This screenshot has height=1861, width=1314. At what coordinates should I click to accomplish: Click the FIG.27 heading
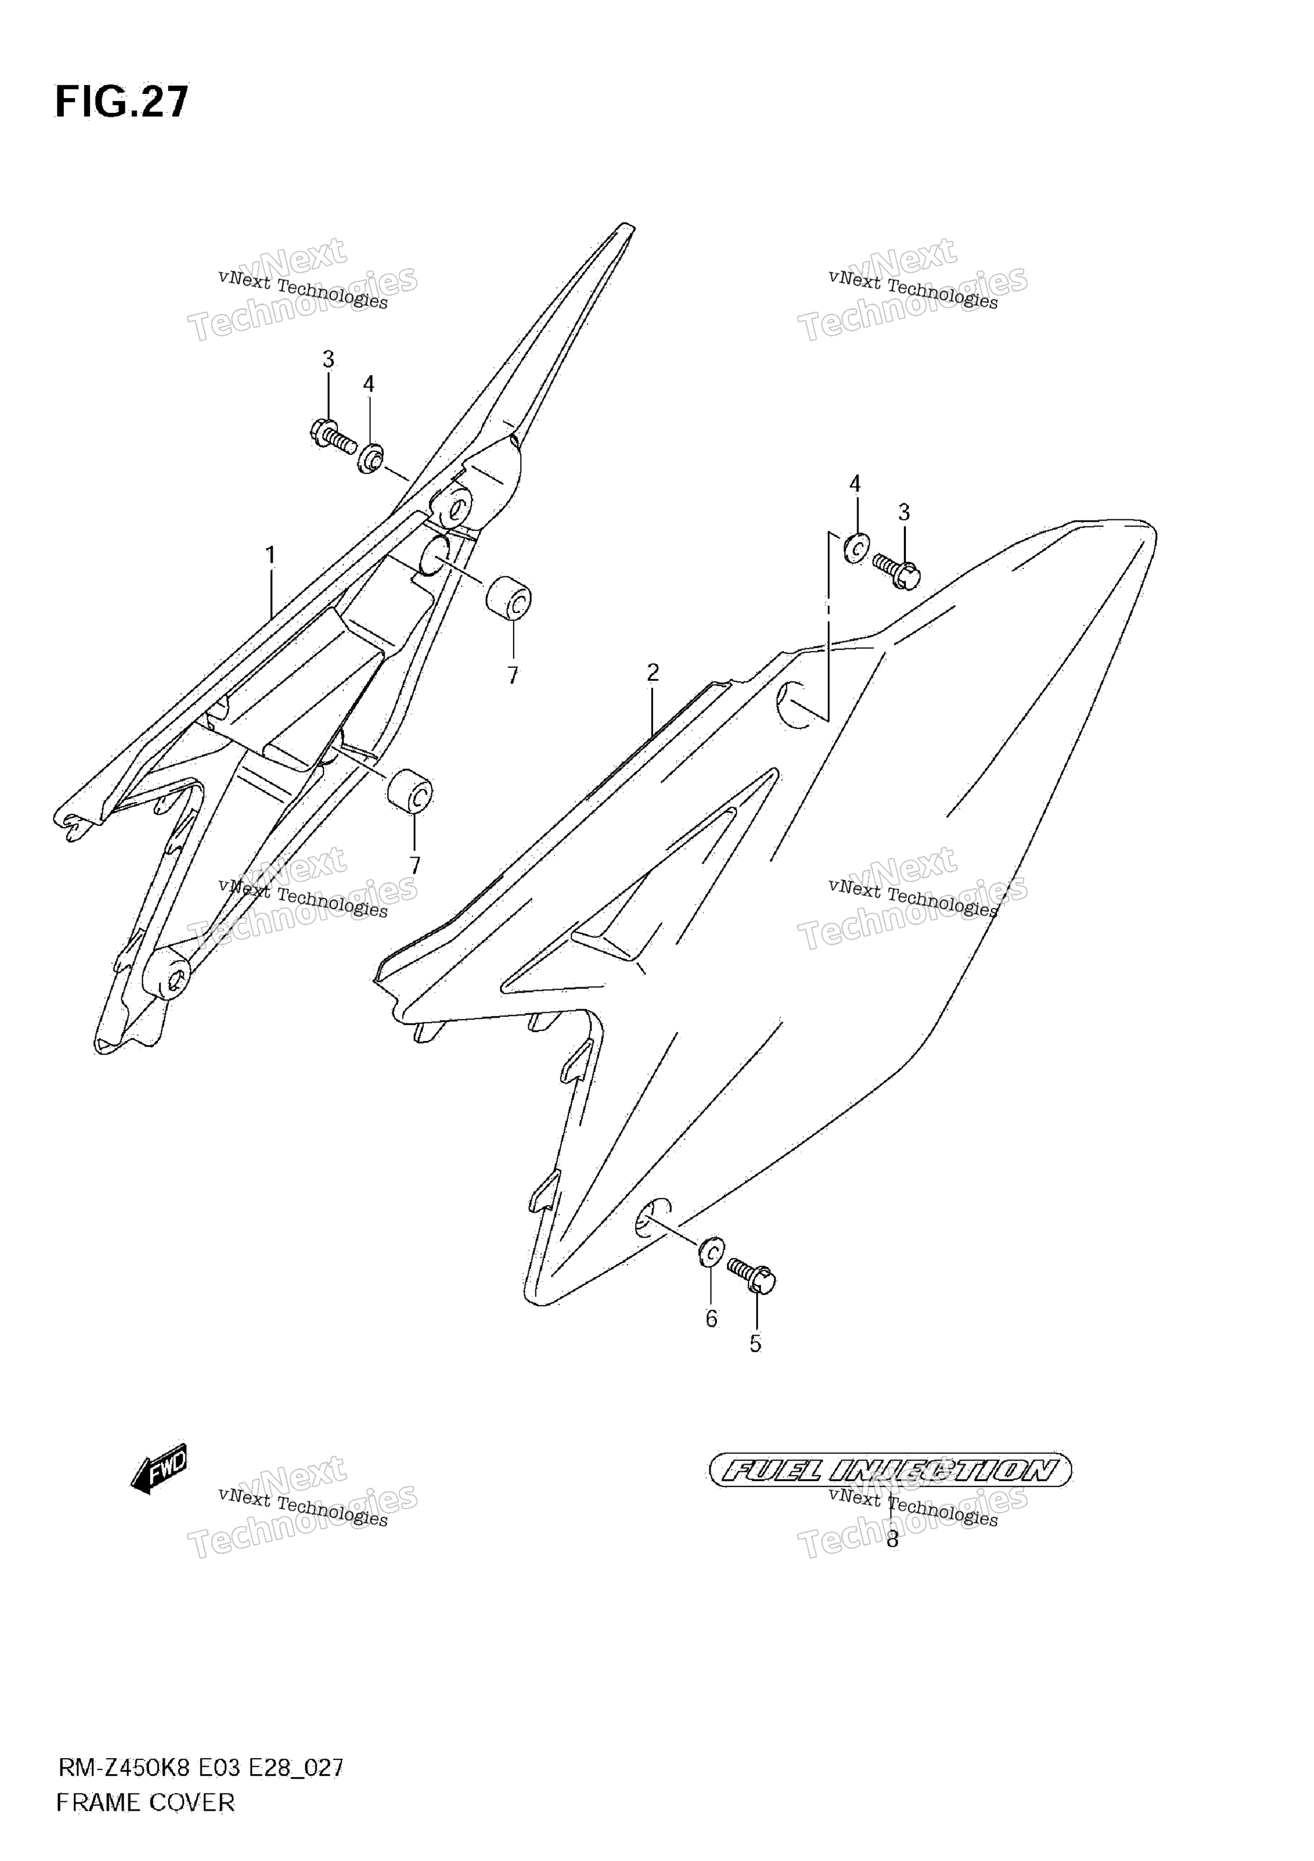coord(122,102)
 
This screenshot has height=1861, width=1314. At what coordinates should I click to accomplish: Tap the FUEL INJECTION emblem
coord(890,1471)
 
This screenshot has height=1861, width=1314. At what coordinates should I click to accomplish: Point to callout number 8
coord(892,1539)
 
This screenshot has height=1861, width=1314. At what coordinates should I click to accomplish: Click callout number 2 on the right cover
coord(653,672)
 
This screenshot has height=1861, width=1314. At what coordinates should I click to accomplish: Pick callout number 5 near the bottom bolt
coord(756,1344)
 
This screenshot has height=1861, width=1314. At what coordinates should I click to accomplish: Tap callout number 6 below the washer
coord(711,1319)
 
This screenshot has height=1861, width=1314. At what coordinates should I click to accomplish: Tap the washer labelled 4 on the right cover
coord(857,548)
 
